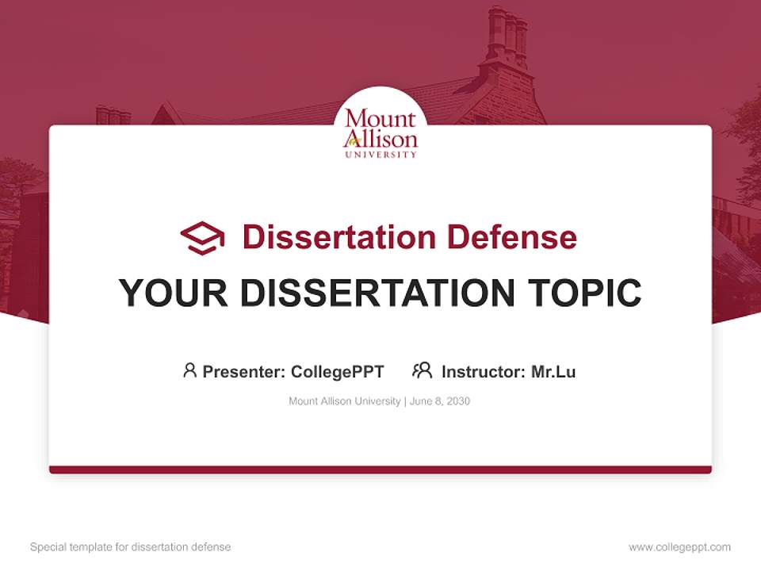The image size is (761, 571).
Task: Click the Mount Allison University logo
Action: point(380,131)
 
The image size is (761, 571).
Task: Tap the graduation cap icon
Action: point(202,237)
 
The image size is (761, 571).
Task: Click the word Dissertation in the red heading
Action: point(338,237)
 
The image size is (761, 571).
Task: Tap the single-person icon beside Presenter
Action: point(189,370)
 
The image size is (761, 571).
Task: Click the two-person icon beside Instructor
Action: point(422,370)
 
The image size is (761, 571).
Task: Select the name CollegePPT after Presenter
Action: point(338,371)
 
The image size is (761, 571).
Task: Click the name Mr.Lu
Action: point(553,371)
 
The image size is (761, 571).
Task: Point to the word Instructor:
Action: point(484,371)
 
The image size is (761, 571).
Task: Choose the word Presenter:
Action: point(244,371)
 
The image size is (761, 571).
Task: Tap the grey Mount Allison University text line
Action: point(345,401)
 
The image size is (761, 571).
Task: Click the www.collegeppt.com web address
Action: point(679,547)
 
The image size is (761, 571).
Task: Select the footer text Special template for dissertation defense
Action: point(131,547)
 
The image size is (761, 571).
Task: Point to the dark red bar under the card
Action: point(380,469)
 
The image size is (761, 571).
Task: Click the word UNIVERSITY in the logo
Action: point(380,154)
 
